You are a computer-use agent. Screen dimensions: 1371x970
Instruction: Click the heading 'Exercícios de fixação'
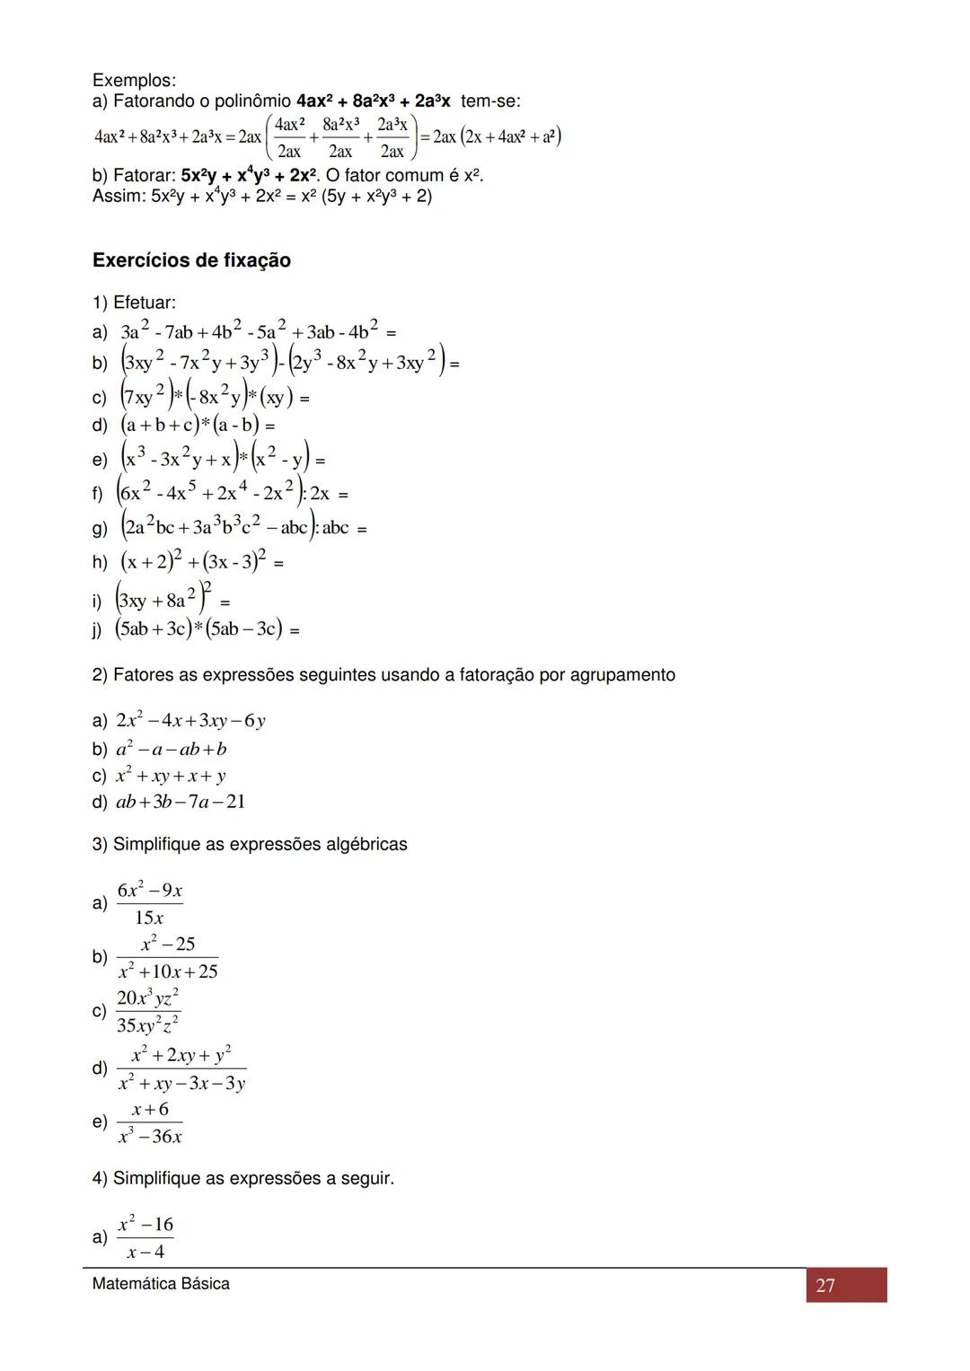[x=191, y=260]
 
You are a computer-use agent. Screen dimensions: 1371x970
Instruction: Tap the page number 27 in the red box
[x=825, y=1286]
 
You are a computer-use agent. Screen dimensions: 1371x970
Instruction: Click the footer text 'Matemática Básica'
[x=161, y=1284]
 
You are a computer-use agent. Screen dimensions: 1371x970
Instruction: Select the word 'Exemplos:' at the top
[x=134, y=81]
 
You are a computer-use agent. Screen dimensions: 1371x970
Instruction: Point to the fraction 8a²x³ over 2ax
[x=340, y=137]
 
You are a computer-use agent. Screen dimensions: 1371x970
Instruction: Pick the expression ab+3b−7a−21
[x=181, y=802]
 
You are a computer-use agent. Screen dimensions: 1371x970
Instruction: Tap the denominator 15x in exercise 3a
[x=149, y=918]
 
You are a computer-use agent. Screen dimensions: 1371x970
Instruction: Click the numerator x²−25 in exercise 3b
[x=168, y=944]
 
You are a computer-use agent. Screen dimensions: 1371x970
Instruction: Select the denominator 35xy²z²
[x=148, y=1025]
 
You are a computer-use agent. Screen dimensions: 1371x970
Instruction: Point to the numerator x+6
[x=150, y=1110]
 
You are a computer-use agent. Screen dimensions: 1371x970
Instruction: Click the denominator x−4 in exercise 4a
[x=145, y=1252]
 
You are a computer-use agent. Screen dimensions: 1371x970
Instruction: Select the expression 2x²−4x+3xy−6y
[x=191, y=721]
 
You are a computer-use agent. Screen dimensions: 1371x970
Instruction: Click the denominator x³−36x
[x=150, y=1137]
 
